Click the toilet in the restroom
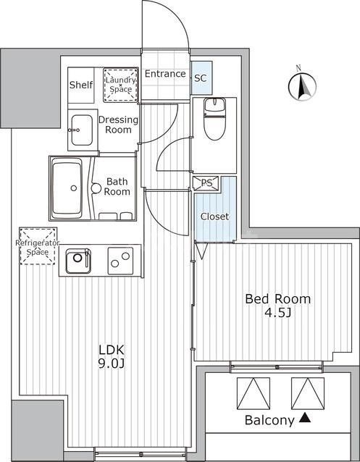pos(214,119)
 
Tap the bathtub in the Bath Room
pos(67,188)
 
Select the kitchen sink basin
pos(78,261)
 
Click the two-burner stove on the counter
pos(120,261)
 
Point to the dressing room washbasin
pos(82,130)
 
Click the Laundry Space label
pos(121,84)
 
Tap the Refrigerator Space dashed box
pos(38,245)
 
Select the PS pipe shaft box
pos(206,183)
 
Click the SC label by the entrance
pos(201,78)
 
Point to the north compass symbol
pos(302,86)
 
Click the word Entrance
pos(165,74)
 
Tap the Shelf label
pos(81,85)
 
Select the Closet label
pos(214,217)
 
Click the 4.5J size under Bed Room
pos(278,314)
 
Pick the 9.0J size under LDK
pos(112,364)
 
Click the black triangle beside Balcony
pos(305,418)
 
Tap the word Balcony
pos(269,421)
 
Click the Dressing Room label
pos(118,125)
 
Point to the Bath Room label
pos(117,187)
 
